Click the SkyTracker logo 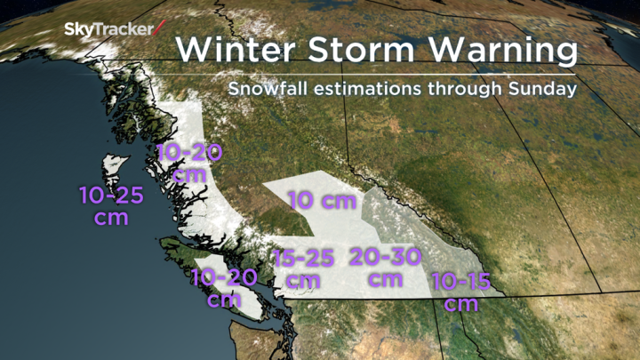pos(108,29)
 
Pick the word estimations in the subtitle pos(375,90)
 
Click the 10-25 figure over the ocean pos(111,194)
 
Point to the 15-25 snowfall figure pos(304,259)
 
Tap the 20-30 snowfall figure pos(385,258)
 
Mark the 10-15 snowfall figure pos(461,284)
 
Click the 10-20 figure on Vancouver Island pos(223,278)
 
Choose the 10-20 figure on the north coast pos(188,153)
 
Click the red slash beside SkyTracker pos(159,28)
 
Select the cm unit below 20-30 pos(385,278)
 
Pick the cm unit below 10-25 pos(111,216)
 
